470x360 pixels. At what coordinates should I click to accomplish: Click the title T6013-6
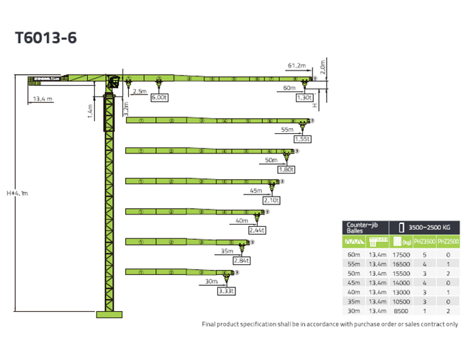point(45,37)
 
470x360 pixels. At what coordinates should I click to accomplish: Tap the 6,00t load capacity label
point(159,97)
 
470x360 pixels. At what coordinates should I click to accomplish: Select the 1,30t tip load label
point(304,97)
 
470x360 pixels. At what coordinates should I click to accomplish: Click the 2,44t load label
point(257,230)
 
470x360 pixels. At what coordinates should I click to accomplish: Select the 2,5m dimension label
point(139,92)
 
